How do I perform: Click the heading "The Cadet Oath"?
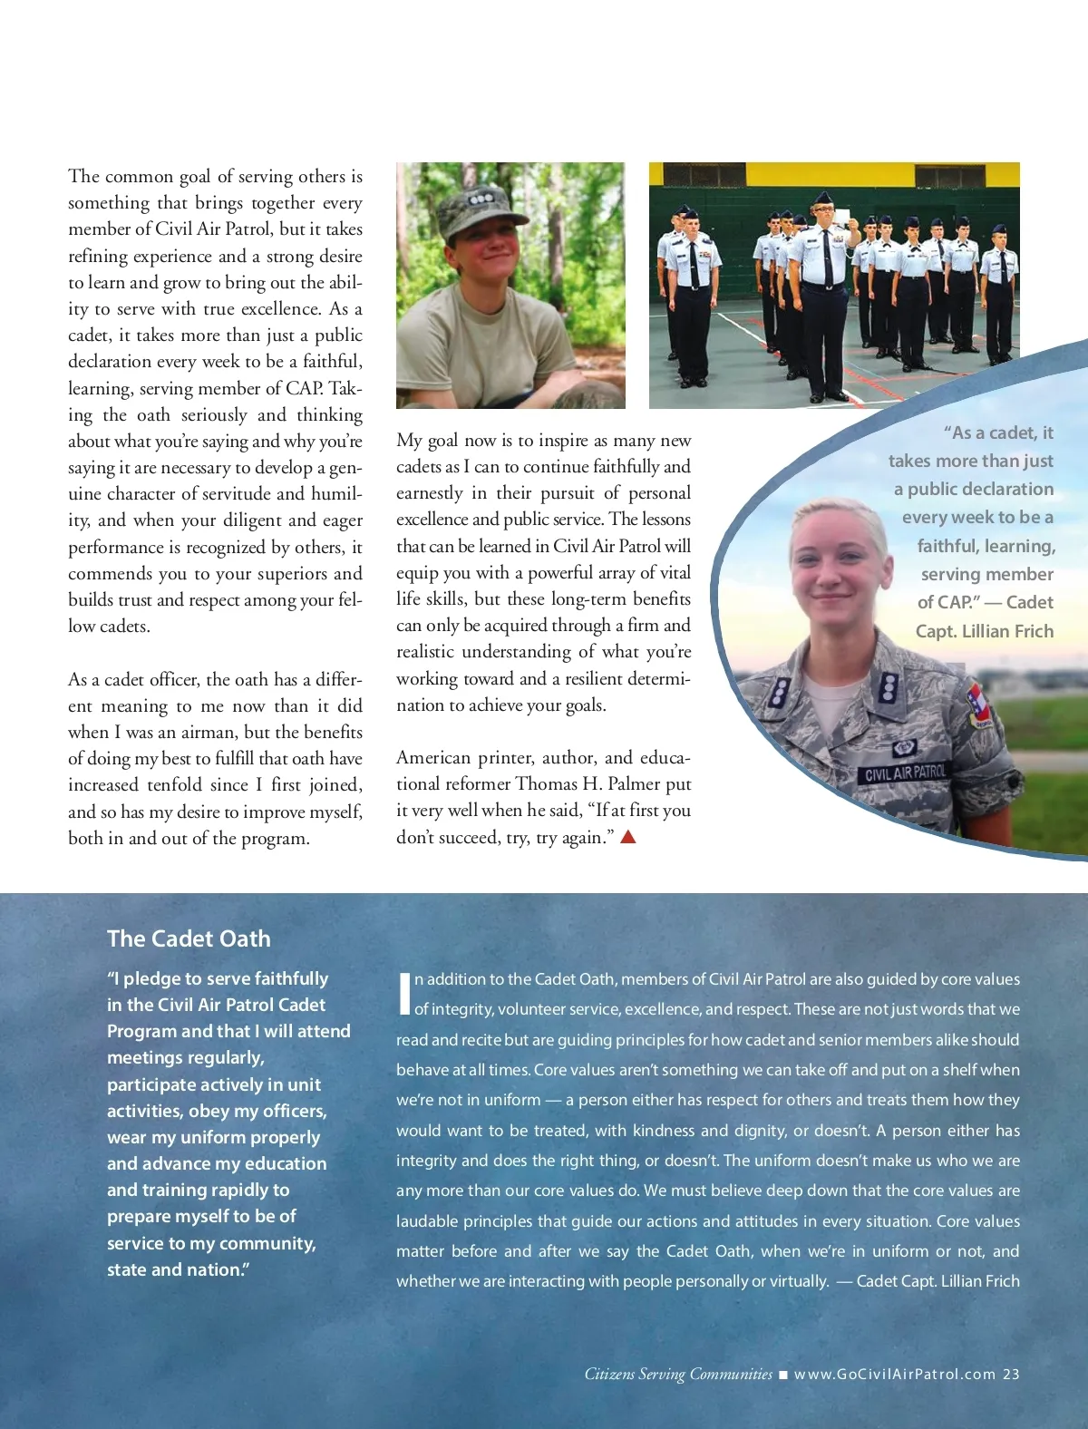coord(189,938)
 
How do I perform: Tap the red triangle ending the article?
coord(627,837)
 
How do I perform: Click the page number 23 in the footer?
coord(1011,1374)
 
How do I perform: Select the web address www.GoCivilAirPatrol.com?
coord(895,1374)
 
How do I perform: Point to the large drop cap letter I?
coord(403,994)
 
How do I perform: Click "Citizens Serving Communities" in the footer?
coord(678,1374)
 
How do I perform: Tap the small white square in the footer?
coord(783,1375)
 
